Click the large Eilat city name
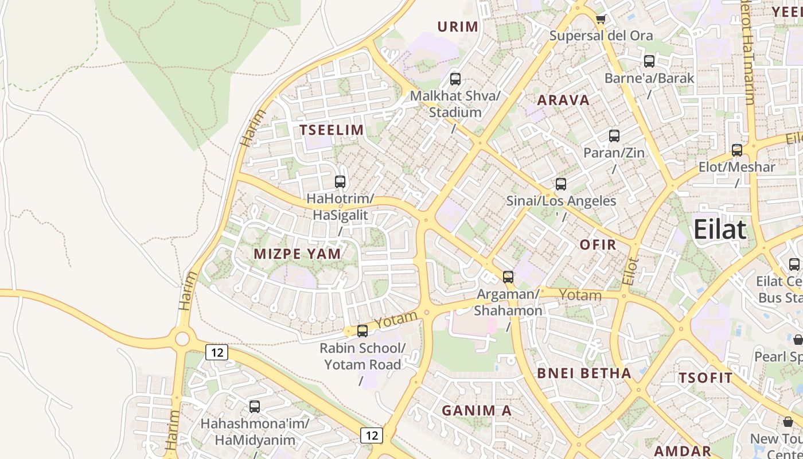(x=720, y=229)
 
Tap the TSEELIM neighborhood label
(x=332, y=130)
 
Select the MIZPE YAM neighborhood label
(x=297, y=254)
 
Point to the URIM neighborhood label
(x=458, y=26)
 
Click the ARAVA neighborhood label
(x=563, y=100)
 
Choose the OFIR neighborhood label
(x=598, y=245)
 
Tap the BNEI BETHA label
(x=584, y=374)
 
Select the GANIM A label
(x=476, y=410)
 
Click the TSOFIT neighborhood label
(x=705, y=378)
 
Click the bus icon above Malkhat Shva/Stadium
(x=455, y=79)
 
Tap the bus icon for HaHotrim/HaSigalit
(x=340, y=182)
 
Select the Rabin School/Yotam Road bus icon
(x=362, y=331)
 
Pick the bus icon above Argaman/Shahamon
(x=508, y=277)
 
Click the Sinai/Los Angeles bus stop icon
(x=561, y=184)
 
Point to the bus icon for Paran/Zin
(x=614, y=136)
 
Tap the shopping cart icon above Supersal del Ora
(x=601, y=19)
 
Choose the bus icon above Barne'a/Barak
(x=649, y=61)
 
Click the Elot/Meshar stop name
(x=736, y=168)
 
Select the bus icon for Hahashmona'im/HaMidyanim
(x=255, y=407)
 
